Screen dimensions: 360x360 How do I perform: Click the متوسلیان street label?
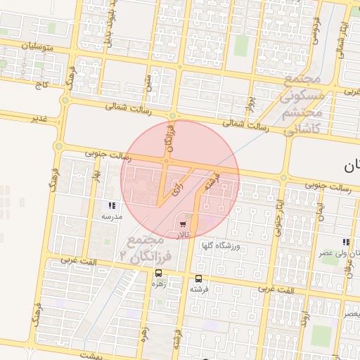click(24, 46)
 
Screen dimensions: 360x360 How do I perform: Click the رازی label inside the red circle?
click(176, 185)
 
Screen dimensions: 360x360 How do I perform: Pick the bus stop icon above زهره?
click(157, 274)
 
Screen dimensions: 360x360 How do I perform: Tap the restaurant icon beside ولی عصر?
click(345, 241)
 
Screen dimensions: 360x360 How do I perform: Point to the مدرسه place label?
click(112, 217)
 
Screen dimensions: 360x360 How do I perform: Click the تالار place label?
click(183, 233)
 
